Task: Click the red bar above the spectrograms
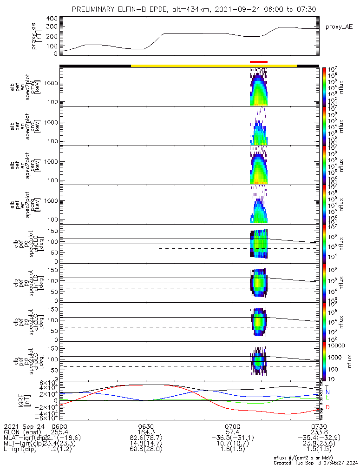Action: (x=259, y=62)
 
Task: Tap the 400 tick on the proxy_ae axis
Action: (x=52, y=19)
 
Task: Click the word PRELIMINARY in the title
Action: (x=95, y=9)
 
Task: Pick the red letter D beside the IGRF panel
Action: (x=327, y=407)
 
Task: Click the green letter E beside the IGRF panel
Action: (x=327, y=398)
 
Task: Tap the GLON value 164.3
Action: (x=146, y=432)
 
